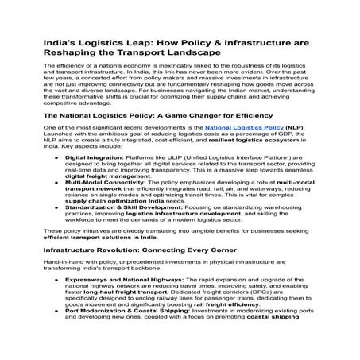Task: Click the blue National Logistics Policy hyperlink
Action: tap(250, 128)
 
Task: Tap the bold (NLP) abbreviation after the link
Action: tap(293, 128)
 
